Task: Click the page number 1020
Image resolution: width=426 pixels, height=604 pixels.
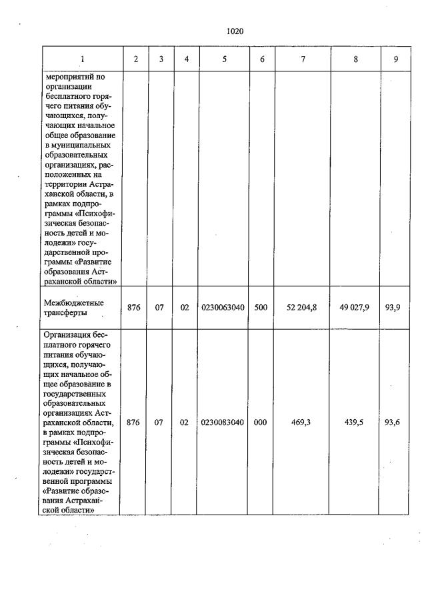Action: [x=235, y=31]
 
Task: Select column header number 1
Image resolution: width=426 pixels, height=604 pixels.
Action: [x=83, y=59]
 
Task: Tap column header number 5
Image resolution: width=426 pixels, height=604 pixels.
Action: [x=225, y=59]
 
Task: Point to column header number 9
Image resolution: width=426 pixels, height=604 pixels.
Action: [x=396, y=59]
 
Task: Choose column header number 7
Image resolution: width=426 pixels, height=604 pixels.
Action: [x=303, y=59]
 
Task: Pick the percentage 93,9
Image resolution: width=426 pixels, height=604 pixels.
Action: [x=396, y=308]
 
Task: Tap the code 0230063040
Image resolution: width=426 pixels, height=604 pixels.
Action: [x=224, y=308]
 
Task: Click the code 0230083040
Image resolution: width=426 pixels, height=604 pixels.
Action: [x=224, y=422]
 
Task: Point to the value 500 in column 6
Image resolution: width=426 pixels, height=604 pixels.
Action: [x=261, y=308]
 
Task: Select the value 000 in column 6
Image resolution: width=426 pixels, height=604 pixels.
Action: [x=261, y=422]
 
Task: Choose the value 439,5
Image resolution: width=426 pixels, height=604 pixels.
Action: [x=355, y=422]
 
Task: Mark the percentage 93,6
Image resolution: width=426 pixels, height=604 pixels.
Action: [x=396, y=422]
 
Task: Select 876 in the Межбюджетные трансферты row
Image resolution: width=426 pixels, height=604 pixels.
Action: [x=133, y=308]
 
